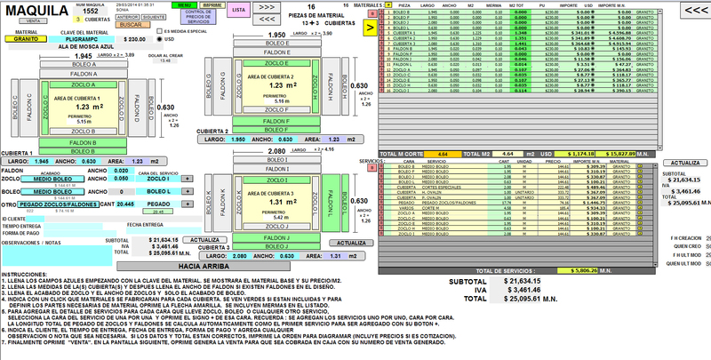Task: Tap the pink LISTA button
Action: [x=236, y=10]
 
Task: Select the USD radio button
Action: [x=160, y=39]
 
